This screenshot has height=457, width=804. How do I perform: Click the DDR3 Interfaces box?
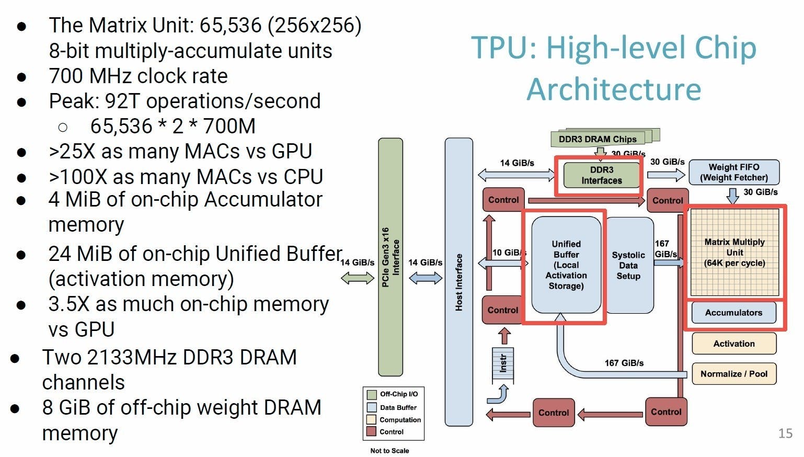tap(602, 175)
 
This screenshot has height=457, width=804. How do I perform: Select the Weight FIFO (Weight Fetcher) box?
tap(734, 172)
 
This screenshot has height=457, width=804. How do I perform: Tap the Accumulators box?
tap(733, 313)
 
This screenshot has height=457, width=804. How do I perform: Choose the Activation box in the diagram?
tap(734, 344)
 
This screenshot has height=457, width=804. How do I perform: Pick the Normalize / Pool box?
tap(734, 374)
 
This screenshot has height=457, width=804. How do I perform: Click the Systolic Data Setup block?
tap(628, 265)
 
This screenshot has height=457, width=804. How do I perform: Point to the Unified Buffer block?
tap(566, 265)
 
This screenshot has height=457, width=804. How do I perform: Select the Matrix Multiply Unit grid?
tap(734, 252)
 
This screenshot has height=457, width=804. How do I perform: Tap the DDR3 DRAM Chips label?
tap(598, 139)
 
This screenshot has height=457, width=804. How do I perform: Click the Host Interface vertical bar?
tap(458, 282)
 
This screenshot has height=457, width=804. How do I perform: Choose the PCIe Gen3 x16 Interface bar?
tap(390, 257)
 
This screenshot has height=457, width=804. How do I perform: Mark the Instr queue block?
tap(503, 364)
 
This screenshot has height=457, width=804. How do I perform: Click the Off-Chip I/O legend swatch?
tap(372, 394)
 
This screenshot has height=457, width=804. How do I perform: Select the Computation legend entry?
tap(400, 419)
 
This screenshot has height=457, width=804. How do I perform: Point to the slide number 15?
tap(785, 433)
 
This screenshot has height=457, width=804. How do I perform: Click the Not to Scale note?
tap(389, 451)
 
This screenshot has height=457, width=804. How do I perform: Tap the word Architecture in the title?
tap(614, 89)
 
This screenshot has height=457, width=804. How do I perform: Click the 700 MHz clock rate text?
tap(139, 76)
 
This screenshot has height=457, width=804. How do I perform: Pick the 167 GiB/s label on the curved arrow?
tap(624, 363)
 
